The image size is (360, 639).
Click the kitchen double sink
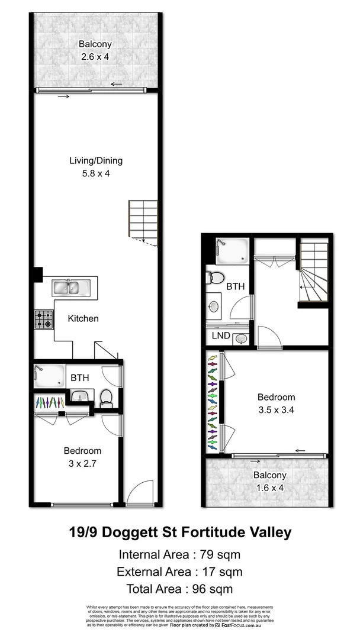pyautogui.click(x=70, y=288)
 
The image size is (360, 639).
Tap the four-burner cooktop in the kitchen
pyautogui.click(x=43, y=319)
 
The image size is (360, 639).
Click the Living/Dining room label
pyautogui.click(x=96, y=160)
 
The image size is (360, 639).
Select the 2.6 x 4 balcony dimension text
pyautogui.click(x=96, y=57)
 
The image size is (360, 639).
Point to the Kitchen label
pyautogui.click(x=83, y=318)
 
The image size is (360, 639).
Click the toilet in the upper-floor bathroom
pyautogui.click(x=216, y=278)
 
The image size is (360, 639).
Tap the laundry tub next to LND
pyautogui.click(x=241, y=339)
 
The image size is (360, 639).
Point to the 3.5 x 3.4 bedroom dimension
pyautogui.click(x=275, y=409)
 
